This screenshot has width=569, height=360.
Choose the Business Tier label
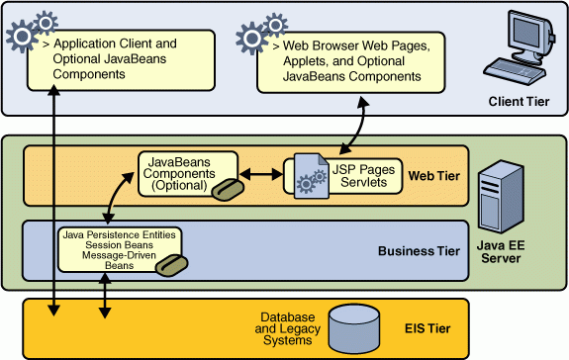419,250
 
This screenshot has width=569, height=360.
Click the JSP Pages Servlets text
363,176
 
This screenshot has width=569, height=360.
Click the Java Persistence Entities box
119,248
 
